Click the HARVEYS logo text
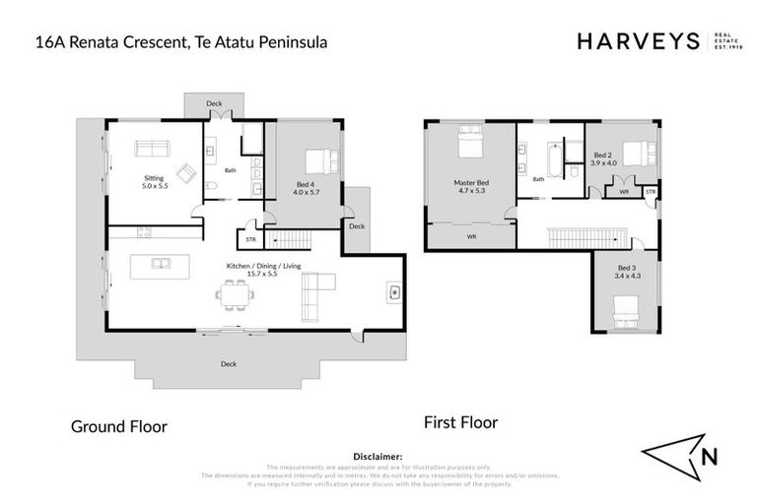[x=636, y=41]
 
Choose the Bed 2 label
[x=604, y=159]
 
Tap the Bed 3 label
[x=627, y=272]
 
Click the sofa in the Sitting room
[x=152, y=149]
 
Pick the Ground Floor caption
[x=118, y=426]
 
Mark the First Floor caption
[x=460, y=422]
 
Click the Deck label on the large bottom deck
[x=229, y=363]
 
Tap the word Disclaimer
[x=378, y=457]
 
